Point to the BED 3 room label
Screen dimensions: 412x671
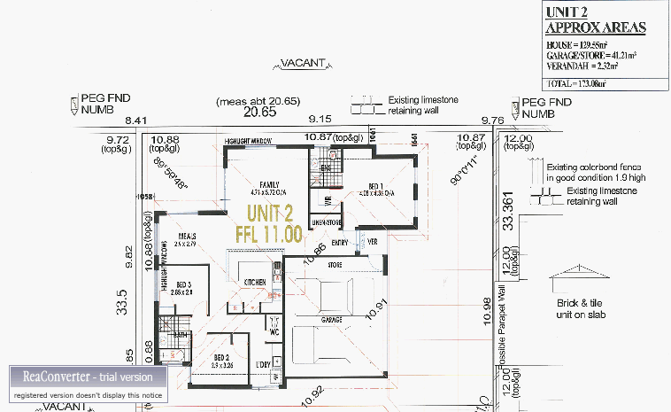pyautogui.click(x=181, y=284)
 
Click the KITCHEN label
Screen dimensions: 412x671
pyautogui.click(x=256, y=282)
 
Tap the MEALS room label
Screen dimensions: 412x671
pyautogui.click(x=186, y=237)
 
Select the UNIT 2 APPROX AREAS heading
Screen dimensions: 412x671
pyautogui.click(x=595, y=20)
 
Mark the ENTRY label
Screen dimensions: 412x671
pyautogui.click(x=341, y=242)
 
